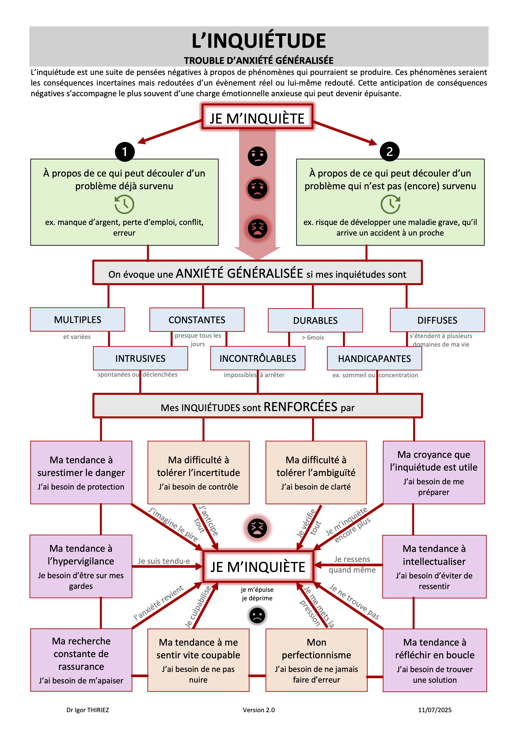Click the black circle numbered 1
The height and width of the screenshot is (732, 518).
point(125,151)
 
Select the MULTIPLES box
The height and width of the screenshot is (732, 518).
point(77,319)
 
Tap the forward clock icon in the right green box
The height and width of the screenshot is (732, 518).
point(390,204)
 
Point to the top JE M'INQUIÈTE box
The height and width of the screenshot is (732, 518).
point(257,117)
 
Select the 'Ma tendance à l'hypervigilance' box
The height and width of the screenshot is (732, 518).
point(81,567)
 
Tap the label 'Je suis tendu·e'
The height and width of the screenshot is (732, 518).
point(164,561)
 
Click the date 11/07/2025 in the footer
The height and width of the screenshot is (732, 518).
point(435,710)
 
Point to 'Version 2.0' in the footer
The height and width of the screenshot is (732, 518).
point(259,710)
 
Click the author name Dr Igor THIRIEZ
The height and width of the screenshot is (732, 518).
point(88,710)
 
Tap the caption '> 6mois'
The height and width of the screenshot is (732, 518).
point(313,338)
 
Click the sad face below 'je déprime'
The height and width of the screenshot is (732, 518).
point(257,615)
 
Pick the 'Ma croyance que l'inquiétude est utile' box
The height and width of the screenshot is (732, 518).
point(434,472)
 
